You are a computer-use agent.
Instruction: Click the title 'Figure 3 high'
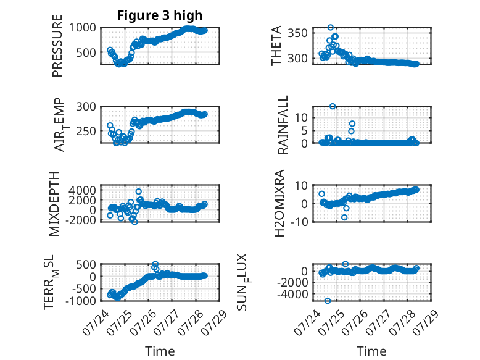tap(160, 15)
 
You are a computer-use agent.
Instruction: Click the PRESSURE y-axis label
tap(57, 46)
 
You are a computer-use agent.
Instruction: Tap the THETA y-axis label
tap(276, 46)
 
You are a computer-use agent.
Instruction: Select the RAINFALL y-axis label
tap(283, 125)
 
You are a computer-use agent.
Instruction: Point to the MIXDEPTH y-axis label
tap(54, 204)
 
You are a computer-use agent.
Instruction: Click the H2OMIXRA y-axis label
tap(279, 203)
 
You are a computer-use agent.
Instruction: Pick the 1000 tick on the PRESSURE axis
tap(82, 28)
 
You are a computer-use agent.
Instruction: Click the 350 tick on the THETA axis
tap(297, 33)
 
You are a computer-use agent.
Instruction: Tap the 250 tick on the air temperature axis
tap(86, 131)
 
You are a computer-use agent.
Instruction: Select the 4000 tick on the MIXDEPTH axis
tap(82, 190)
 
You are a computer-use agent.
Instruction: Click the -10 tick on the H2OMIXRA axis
tap(299, 222)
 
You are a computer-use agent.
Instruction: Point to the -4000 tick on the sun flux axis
tap(292, 294)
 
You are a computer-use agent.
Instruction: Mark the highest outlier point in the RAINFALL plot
tap(333, 106)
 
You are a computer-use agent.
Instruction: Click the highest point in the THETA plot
tap(330, 28)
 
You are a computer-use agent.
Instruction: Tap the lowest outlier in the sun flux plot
tap(328, 301)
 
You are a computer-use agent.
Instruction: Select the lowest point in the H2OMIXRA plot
tap(344, 217)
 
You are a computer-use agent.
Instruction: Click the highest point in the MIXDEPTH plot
tap(139, 191)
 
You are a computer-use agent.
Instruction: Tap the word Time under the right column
tap(371, 351)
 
